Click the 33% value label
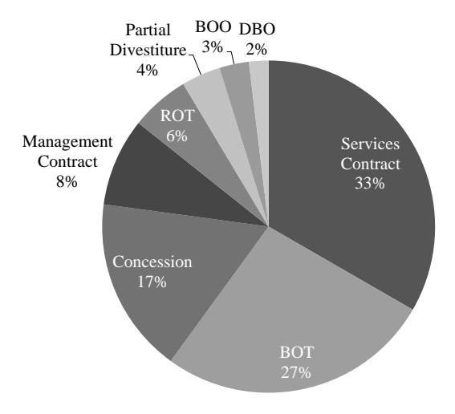(369, 183)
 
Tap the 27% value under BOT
(295, 372)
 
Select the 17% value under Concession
(152, 282)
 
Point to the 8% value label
(67, 182)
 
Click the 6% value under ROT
(177, 136)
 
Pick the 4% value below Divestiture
(148, 70)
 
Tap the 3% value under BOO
(213, 47)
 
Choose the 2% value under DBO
(256, 49)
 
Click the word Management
(67, 142)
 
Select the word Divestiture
(148, 51)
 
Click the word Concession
(152, 262)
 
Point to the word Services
(370, 144)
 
